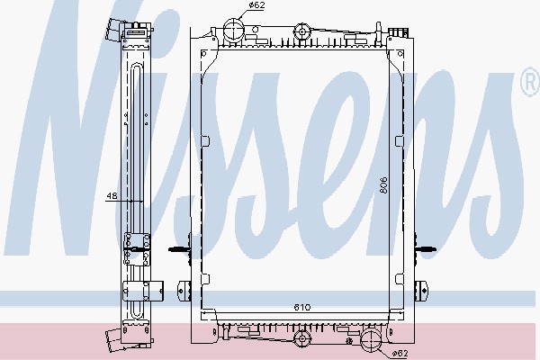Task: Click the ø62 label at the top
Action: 256,5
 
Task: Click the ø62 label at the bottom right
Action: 400,353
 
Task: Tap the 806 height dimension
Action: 383,185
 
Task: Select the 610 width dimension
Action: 302,307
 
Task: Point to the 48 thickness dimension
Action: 112,195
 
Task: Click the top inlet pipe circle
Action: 234,29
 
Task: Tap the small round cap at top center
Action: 302,31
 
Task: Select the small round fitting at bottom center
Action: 302,338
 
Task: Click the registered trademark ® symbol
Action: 530,82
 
